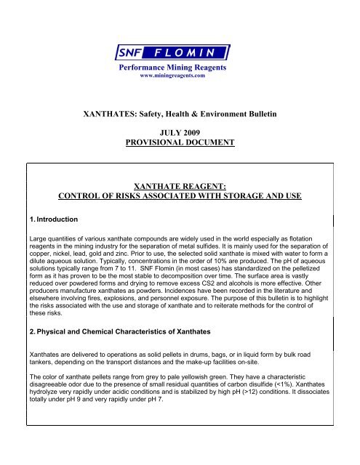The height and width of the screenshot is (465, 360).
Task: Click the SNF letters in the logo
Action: click(x=129, y=52)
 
